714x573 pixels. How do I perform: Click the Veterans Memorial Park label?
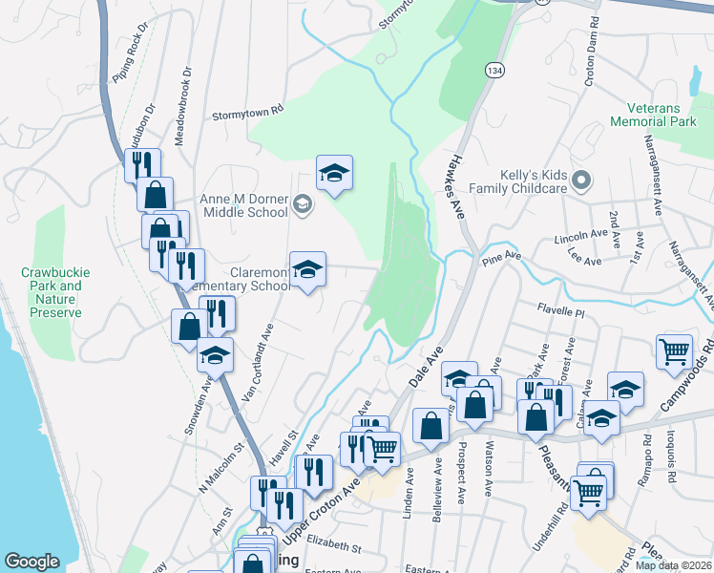661,116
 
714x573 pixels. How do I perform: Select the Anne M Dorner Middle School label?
243,205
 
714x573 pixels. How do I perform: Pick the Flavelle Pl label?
559,309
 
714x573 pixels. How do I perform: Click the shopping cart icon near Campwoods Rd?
674,350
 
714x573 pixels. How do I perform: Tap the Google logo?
31,562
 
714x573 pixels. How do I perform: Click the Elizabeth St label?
334,548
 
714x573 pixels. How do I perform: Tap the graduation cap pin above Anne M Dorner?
334,173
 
